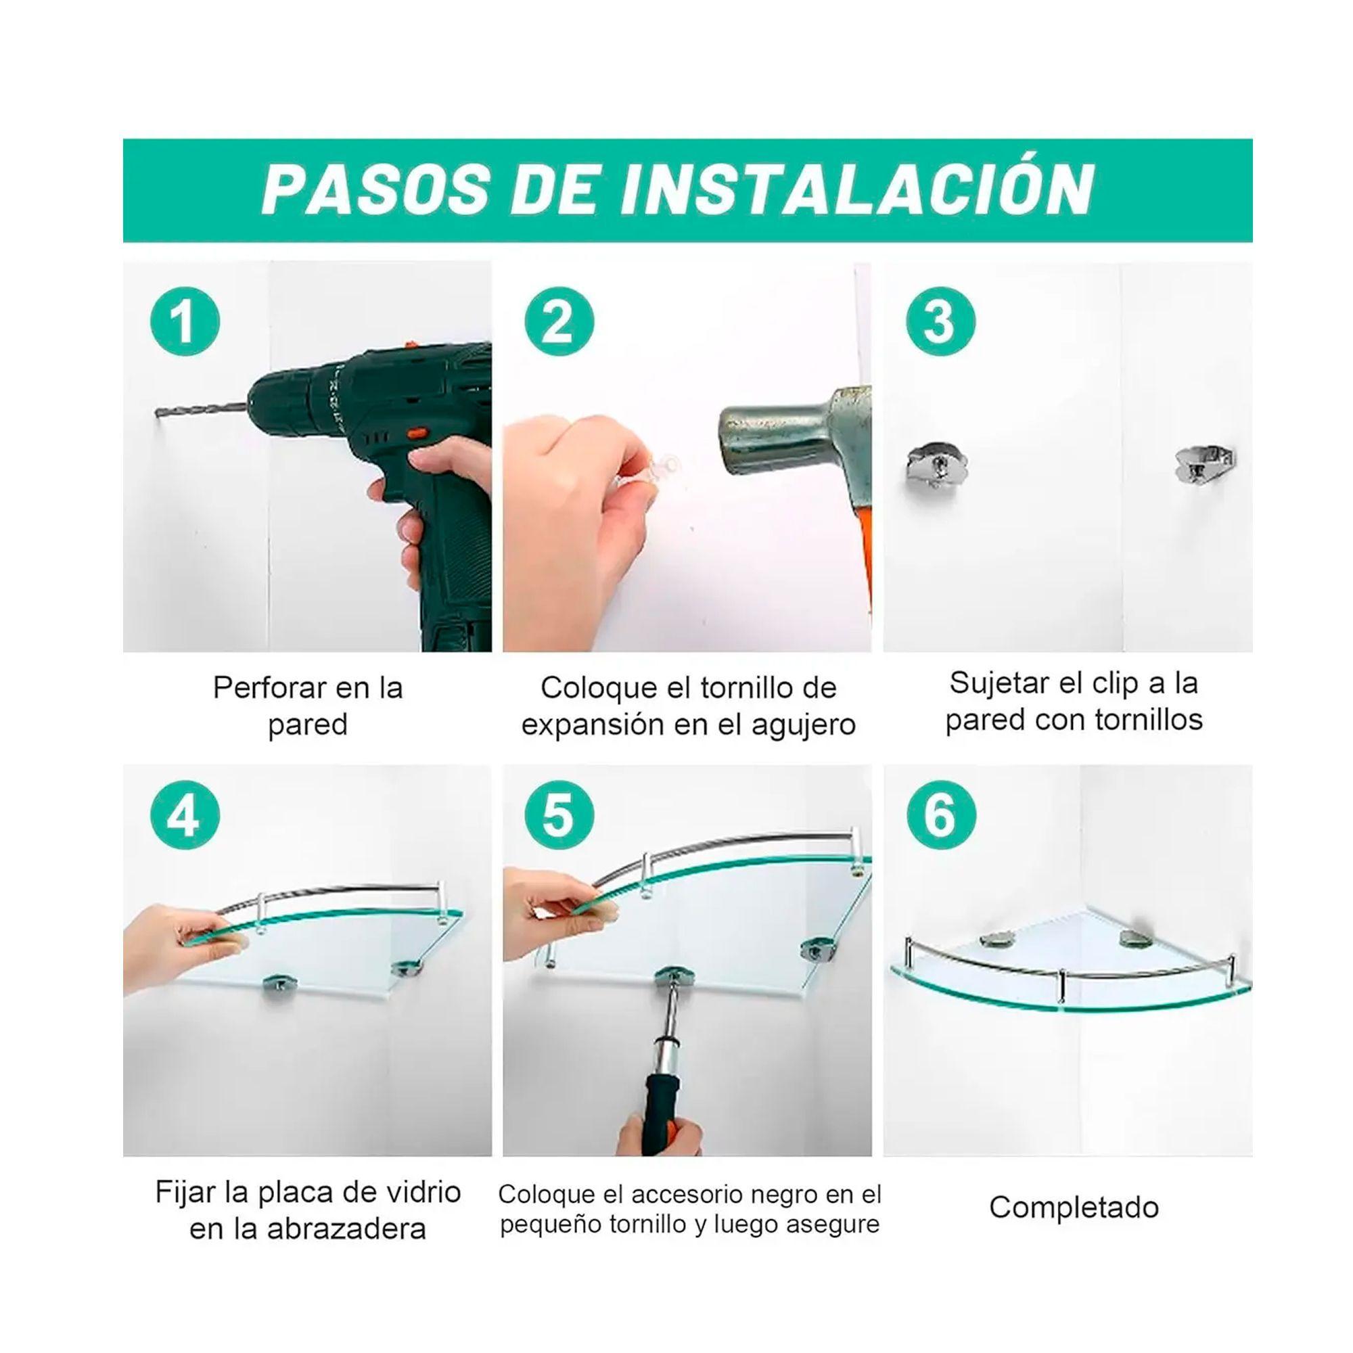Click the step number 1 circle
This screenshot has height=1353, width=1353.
click(185, 323)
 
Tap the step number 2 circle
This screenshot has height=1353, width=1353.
click(559, 323)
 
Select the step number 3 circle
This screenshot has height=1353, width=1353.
click(940, 321)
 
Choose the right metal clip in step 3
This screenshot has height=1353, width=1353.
click(1205, 464)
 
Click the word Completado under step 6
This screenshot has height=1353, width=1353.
click(1074, 1208)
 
